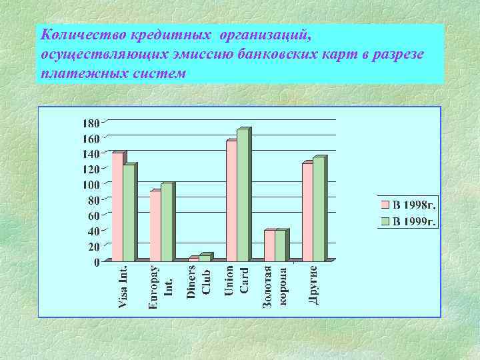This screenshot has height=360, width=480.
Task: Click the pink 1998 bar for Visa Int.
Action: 117,207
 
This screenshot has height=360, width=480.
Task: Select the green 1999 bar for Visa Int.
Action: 128,212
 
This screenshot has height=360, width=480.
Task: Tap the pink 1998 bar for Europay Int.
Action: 155,226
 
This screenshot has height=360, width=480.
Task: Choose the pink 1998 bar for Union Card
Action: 231,201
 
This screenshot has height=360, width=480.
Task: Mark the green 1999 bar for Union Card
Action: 242,195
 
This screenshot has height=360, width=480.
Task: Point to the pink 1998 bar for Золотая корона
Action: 269,245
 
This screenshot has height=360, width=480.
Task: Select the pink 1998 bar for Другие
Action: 307,212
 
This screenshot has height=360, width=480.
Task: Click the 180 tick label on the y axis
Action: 90,123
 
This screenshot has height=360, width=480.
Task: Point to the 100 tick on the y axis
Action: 90,185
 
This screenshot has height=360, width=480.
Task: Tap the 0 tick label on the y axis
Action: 97,262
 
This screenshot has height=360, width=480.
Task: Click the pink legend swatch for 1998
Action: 385,205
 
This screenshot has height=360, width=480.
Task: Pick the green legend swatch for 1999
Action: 385,221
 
